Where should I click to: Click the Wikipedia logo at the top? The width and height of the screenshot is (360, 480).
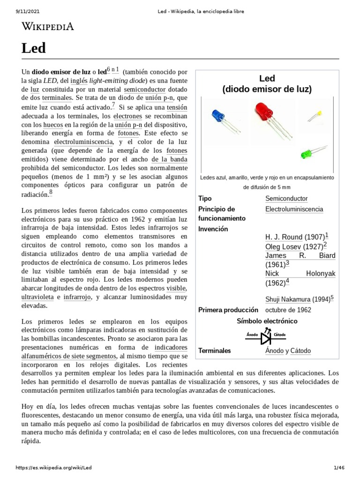48,27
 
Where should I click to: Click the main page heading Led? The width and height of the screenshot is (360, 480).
33,48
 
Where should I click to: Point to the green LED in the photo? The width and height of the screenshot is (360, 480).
307,153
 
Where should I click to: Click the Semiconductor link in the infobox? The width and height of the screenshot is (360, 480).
286,199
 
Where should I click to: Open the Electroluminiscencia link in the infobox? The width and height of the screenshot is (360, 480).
294,209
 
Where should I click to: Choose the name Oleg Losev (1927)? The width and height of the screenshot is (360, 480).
294,246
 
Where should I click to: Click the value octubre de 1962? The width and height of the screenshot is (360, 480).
288,310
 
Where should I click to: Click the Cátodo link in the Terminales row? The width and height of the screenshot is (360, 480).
300,351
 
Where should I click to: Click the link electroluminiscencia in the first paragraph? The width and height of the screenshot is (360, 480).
83,142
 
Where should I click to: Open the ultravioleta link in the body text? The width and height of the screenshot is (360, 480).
37,297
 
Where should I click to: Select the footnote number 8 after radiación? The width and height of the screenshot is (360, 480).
51,193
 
